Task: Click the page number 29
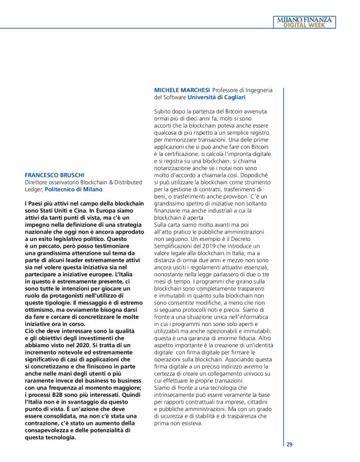(x=289, y=445)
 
